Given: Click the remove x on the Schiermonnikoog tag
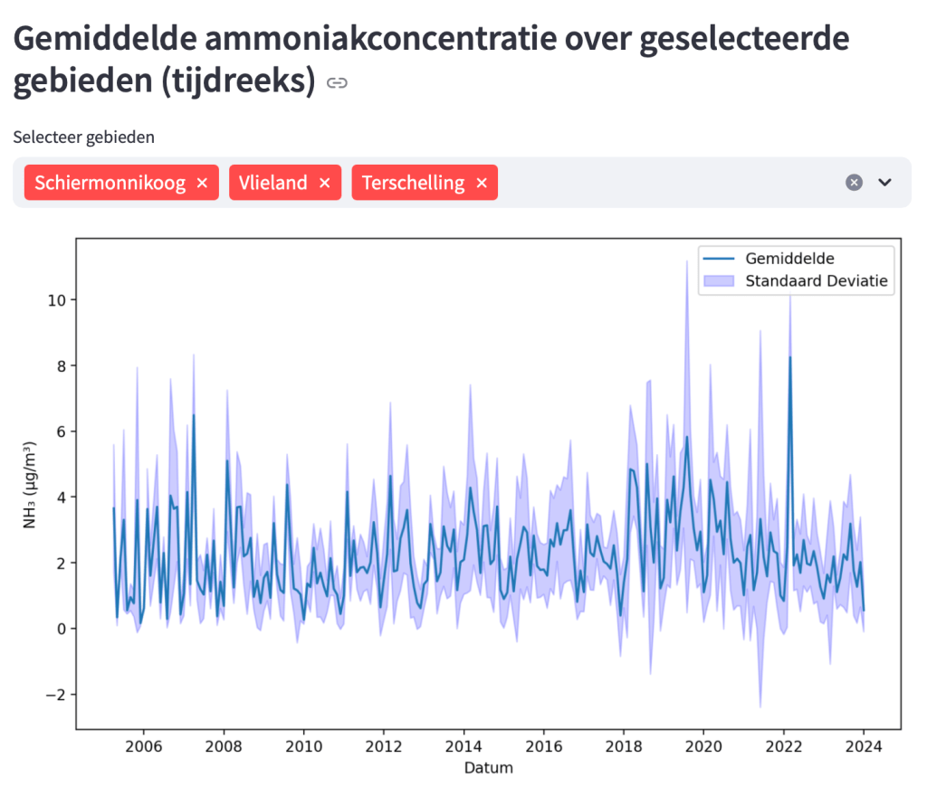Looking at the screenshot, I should (x=202, y=183).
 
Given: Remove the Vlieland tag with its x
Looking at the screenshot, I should (x=324, y=183).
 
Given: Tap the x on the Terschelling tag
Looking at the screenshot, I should (x=482, y=183).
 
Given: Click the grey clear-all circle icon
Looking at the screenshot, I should (x=854, y=183).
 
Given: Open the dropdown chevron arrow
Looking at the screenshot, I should (x=885, y=183).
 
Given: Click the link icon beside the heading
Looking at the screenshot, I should (x=337, y=84).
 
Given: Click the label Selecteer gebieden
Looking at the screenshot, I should (x=83, y=137).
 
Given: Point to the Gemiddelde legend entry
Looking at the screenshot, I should (x=789, y=259).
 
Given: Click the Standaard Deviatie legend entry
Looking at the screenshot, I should (x=819, y=280).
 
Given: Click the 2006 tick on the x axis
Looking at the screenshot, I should (x=143, y=746).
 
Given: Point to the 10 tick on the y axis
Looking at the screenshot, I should (x=56, y=299).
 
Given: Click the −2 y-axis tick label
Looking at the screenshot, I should (x=54, y=695).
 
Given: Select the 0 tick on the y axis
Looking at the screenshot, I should (x=60, y=629).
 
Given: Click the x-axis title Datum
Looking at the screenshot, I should (x=488, y=768).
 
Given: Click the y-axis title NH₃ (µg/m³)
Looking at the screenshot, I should (x=29, y=484).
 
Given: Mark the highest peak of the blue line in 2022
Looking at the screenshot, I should (x=789, y=356).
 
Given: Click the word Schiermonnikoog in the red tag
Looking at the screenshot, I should (x=110, y=183).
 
